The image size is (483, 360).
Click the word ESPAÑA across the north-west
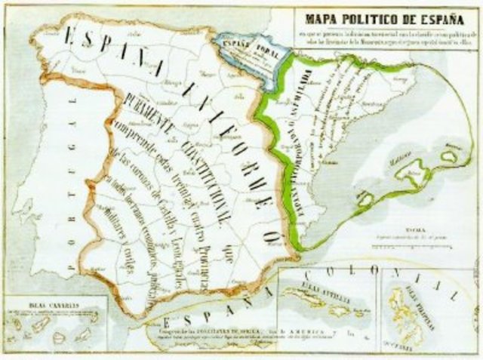113,53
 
